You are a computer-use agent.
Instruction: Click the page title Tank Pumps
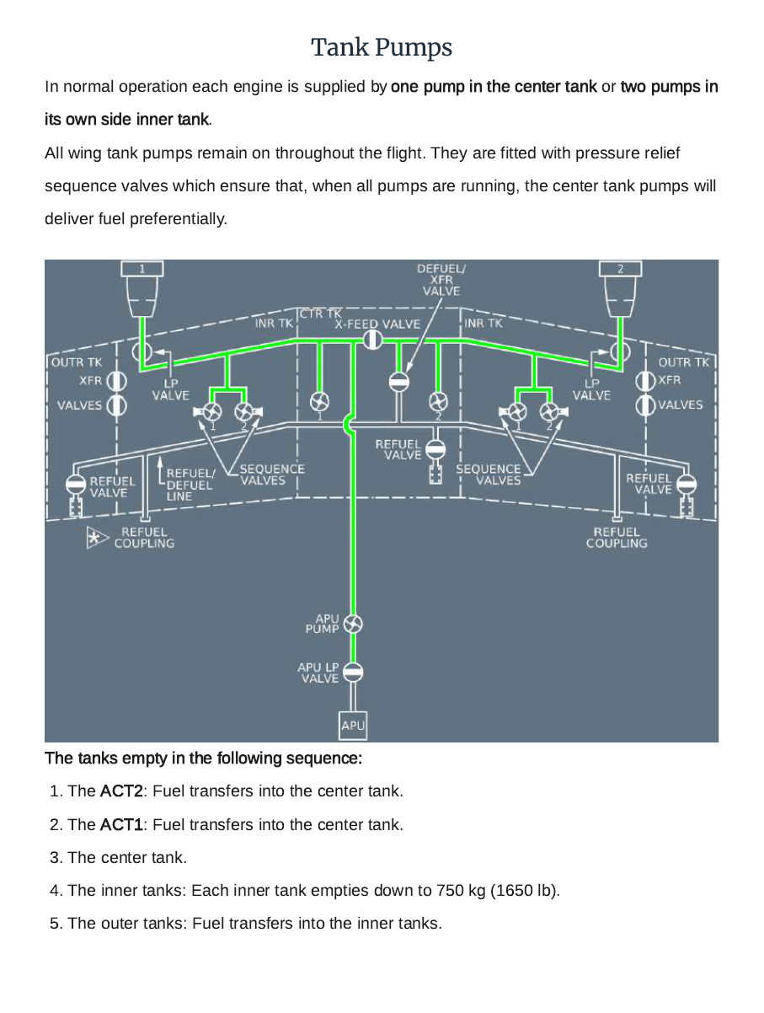coord(382,47)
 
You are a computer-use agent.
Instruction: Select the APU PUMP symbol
coord(353,624)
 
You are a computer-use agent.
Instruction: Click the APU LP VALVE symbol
coord(353,672)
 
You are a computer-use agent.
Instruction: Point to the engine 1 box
coord(142,269)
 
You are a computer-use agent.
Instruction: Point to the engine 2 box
coord(620,269)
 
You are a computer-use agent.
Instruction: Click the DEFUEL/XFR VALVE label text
coord(441,280)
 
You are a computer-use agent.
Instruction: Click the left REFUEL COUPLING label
coord(144,538)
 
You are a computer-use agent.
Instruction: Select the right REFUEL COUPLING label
coord(617,538)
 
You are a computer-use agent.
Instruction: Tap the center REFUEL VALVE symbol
coord(435,448)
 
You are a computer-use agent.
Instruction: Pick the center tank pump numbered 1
coord(319,400)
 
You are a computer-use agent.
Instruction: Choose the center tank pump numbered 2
coord(437,400)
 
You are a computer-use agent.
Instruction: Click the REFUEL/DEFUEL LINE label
coord(190,485)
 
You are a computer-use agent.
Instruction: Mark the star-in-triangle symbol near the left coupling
coord(94,538)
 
